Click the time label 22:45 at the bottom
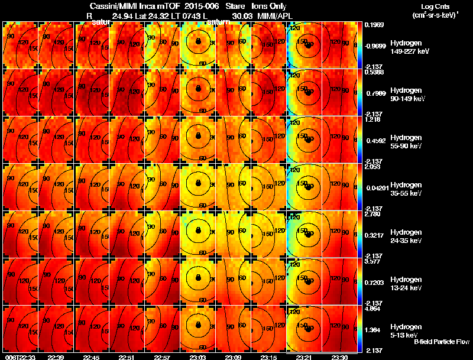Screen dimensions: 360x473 (x=92, y=357)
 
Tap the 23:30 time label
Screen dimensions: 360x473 (x=340, y=357)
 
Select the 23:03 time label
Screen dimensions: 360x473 (x=198, y=357)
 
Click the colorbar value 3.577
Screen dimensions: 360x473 (x=372, y=261)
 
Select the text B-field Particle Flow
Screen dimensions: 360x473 (x=442, y=342)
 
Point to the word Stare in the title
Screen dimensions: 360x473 (x=235, y=6)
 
